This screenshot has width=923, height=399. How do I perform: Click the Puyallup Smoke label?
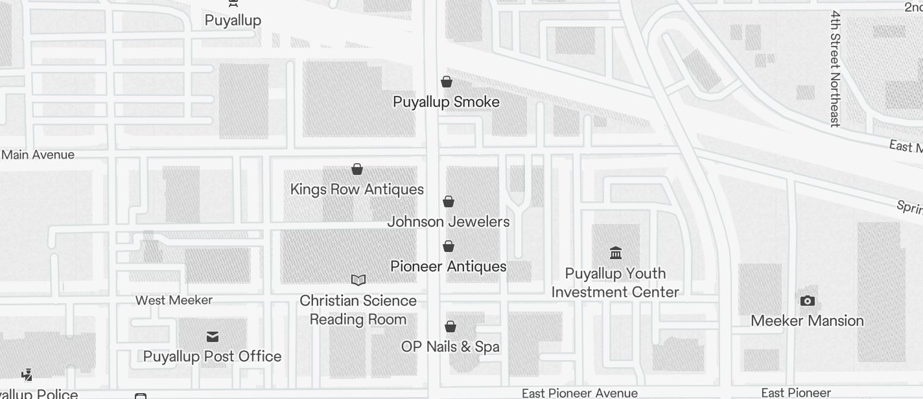pos(446,102)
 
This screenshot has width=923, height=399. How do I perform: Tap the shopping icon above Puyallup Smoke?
pos(446,82)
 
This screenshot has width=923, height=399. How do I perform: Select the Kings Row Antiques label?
pos(356,189)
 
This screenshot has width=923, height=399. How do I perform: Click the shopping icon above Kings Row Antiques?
pos(356,169)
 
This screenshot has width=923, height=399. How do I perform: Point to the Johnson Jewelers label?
pos(449,222)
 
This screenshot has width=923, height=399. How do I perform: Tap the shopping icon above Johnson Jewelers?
pos(448,201)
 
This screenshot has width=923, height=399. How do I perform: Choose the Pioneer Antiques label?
pos(449,266)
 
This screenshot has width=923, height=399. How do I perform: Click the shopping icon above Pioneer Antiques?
pos(448,246)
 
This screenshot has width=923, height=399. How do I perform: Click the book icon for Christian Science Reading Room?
pos(358,280)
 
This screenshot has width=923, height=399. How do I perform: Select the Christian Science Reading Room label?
pos(358,310)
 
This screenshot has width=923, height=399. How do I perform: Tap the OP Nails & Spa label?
pos(450,347)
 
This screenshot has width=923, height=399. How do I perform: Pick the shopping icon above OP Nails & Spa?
pos(450,326)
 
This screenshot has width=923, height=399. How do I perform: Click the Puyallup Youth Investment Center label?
pos(615,282)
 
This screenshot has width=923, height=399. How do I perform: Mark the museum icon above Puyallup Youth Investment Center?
pos(616,253)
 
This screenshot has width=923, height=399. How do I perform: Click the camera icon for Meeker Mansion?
pos(807,301)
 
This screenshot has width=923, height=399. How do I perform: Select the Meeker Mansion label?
pos(807,321)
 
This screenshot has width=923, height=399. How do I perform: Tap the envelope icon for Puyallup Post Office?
pos(212,336)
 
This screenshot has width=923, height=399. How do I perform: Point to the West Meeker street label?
pos(174,300)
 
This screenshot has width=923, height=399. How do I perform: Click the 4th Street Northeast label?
pos(835,68)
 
